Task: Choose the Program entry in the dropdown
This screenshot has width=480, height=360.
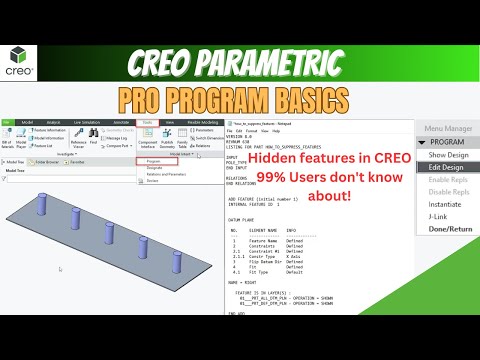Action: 154,160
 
